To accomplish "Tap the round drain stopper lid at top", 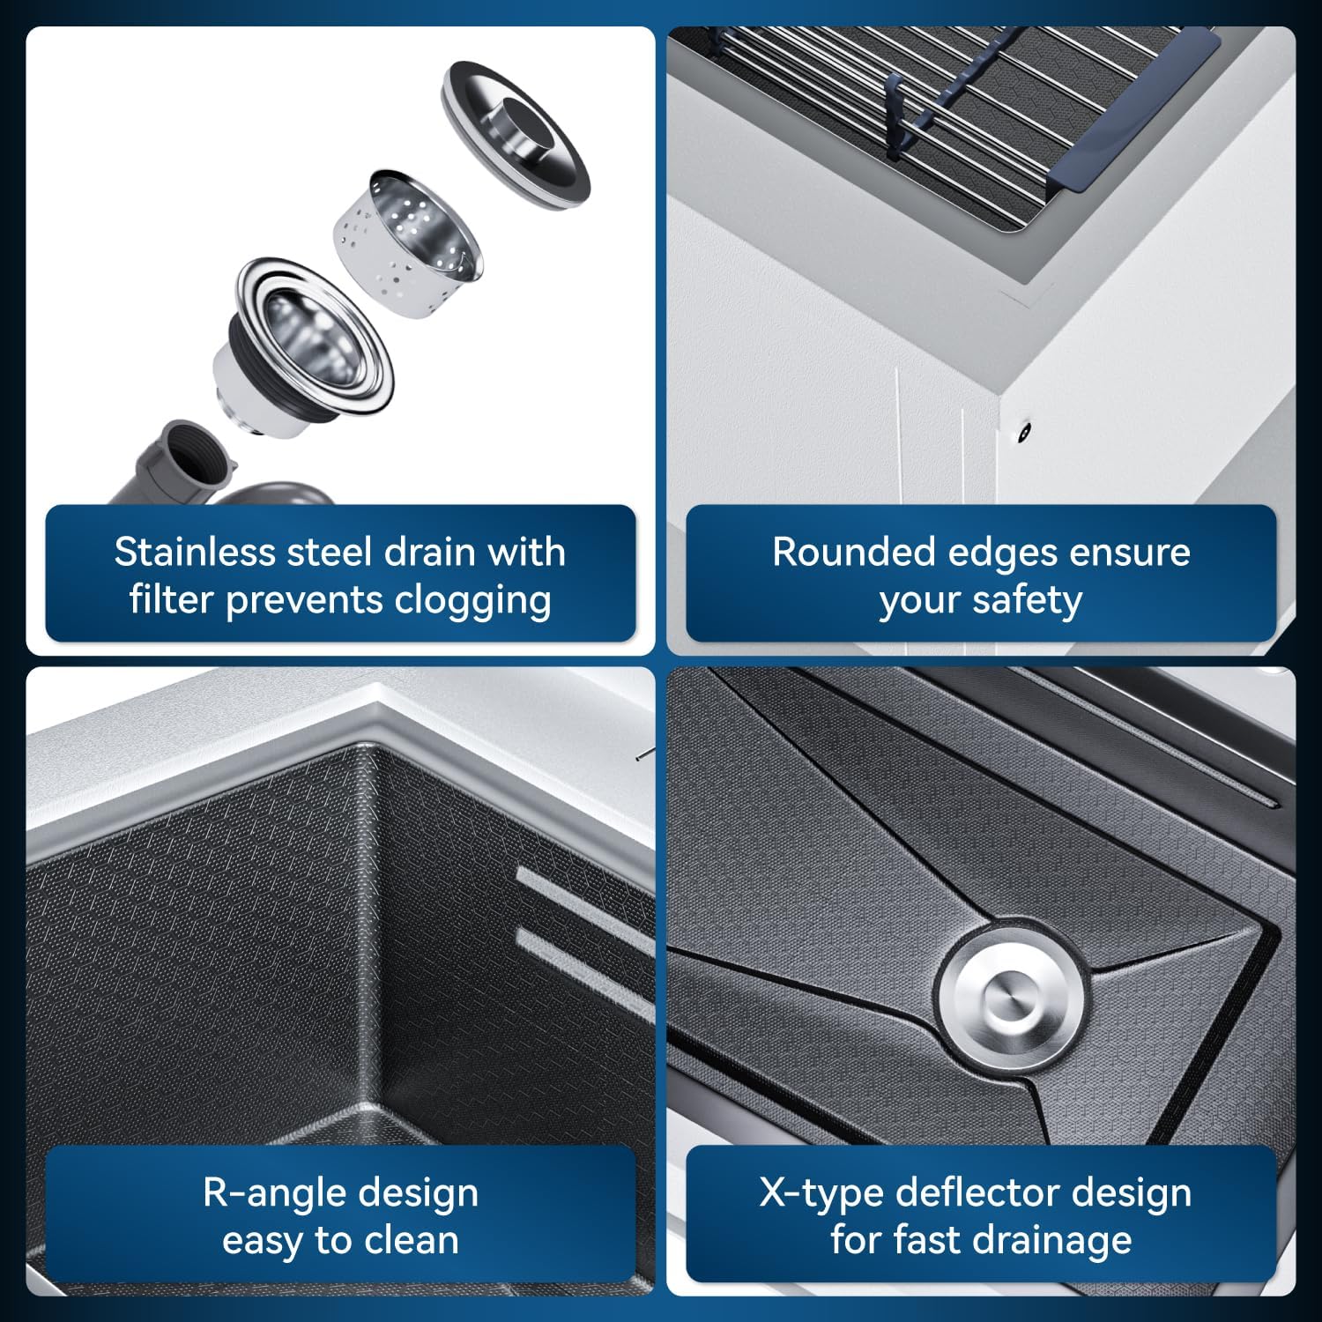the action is [516, 134].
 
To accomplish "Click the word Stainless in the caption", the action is [195, 552].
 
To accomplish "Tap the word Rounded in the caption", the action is [854, 552].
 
